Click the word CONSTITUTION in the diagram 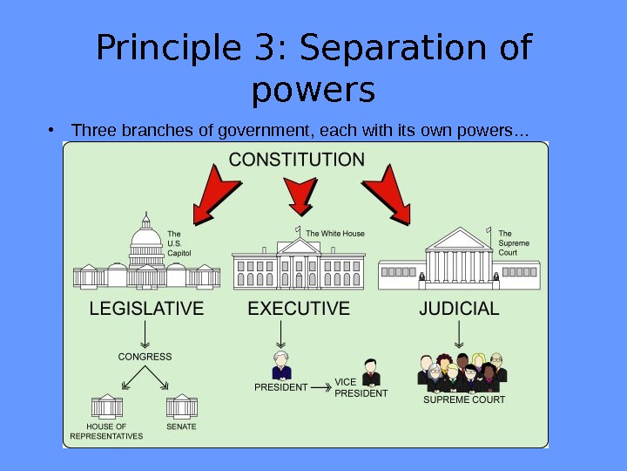(x=297, y=160)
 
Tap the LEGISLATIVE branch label (x=147, y=309)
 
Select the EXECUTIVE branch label (x=299, y=309)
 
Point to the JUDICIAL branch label (x=459, y=309)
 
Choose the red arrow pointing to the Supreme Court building (x=388, y=195)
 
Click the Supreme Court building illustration (x=458, y=259)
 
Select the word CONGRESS (x=145, y=357)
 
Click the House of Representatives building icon (x=108, y=406)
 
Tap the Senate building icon (x=182, y=406)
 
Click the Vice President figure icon (x=371, y=371)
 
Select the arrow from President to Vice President (x=320, y=386)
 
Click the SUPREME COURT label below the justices (x=464, y=400)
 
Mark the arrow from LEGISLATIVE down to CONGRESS (x=145, y=334)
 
